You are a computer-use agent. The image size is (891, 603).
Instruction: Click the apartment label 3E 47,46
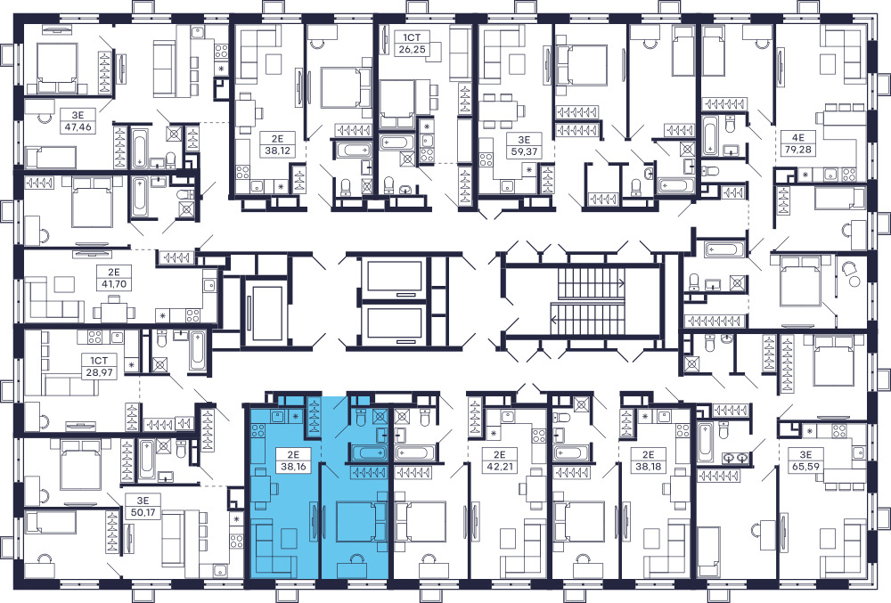pos(78,121)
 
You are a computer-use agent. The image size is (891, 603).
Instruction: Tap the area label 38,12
pos(277,151)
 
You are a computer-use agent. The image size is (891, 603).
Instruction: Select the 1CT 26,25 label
pos(413,43)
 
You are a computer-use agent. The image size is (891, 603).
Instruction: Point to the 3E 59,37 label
pos(523,145)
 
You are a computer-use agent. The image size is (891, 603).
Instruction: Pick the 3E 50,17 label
pos(143,507)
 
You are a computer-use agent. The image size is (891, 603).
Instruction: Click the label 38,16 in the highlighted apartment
pos(290,467)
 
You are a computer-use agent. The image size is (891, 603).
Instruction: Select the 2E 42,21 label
pos(500,460)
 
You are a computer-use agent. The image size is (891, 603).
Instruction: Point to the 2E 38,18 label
pos(649,460)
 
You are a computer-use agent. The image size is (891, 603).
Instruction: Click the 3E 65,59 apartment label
pos(805,460)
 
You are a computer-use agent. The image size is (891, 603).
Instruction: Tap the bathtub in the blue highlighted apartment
pos(369,452)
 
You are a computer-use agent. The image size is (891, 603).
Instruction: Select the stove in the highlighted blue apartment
pos(257,430)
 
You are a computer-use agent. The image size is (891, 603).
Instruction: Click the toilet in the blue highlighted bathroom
pos(360,417)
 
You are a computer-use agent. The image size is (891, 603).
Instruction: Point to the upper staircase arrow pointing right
pos(590,282)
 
